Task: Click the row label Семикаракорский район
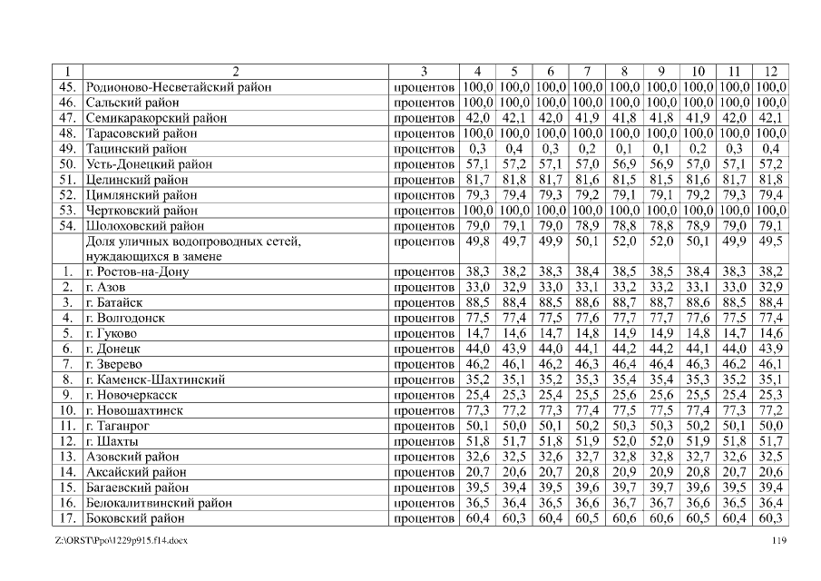pos(156,118)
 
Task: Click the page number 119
pos(777,541)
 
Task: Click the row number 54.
pos(66,225)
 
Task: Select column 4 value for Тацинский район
pos(477,149)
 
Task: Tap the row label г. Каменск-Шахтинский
pos(155,379)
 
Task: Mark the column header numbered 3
pos(424,72)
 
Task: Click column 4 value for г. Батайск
pos(477,302)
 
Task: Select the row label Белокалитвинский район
pos(159,503)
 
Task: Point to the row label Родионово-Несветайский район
pos(179,87)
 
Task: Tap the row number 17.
pos(66,518)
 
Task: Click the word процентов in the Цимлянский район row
pos(424,195)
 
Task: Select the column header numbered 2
pos(236,72)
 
